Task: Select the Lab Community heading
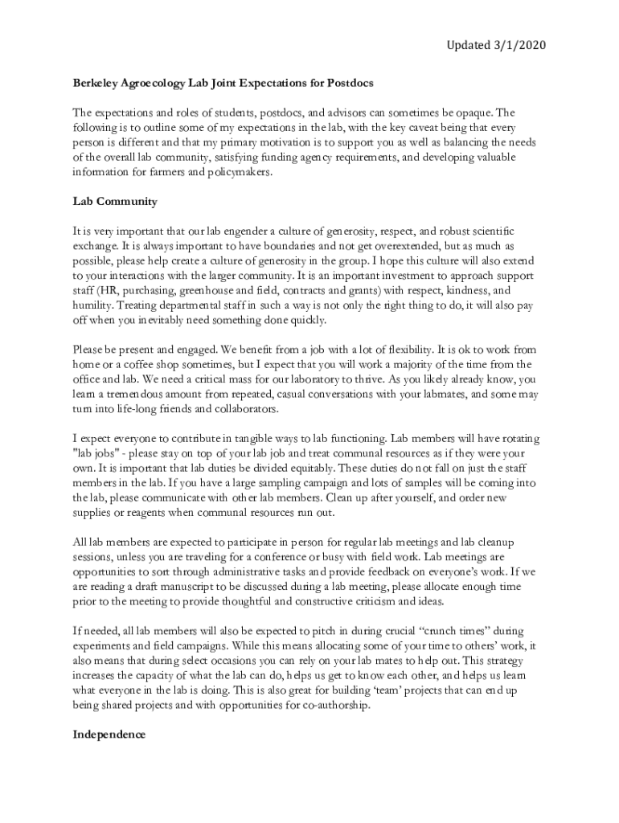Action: coord(115,201)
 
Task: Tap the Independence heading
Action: coord(109,734)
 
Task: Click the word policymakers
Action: coord(241,170)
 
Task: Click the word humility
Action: coord(92,305)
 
